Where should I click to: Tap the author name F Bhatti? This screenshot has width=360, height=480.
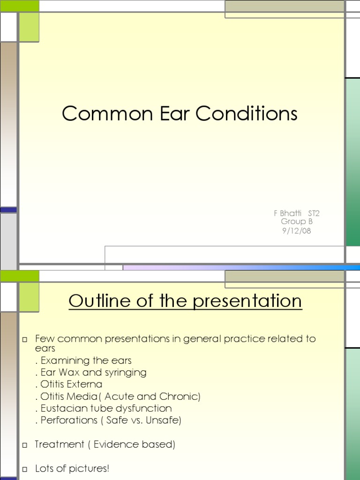[286, 213]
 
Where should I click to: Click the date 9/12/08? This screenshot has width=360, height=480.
[296, 231]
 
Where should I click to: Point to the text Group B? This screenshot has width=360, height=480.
[296, 222]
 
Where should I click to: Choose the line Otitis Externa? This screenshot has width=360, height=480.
[68, 384]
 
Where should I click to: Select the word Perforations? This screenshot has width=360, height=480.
[68, 420]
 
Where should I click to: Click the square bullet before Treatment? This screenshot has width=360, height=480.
[25, 445]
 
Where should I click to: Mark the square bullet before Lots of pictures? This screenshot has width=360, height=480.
[25, 469]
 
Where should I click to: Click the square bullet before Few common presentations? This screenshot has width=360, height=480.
[25, 339]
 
